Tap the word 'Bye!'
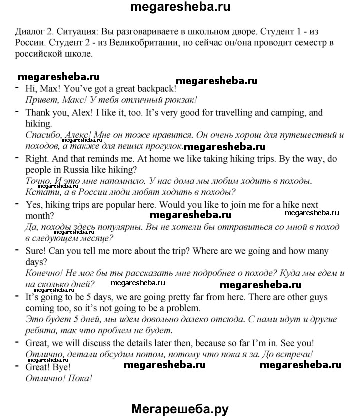point(61,367)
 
